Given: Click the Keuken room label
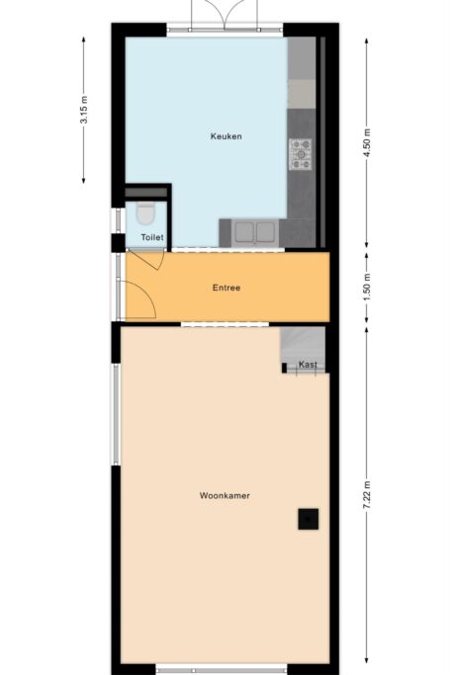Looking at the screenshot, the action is pos(226,136).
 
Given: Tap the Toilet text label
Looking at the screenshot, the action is pos(152,237).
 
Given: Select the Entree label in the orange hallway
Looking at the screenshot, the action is pos(226,288).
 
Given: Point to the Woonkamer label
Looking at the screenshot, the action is pos(225,495).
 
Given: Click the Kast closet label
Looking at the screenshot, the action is pos(308,365).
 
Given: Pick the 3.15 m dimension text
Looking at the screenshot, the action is pos(83,110).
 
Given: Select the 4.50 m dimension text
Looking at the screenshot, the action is pos(367,143).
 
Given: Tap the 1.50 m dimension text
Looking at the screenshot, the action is pos(367,288).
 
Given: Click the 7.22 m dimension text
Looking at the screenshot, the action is pos(367,494).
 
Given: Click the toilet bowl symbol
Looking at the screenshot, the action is pos(145,213).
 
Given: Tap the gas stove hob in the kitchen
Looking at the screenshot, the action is pos(301,154).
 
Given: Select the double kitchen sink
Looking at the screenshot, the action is pos(254,232).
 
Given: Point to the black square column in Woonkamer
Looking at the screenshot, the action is pos(309,519).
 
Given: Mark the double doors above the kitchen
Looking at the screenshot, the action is pos(225,15).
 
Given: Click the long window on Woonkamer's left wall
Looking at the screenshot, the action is pos(116,414).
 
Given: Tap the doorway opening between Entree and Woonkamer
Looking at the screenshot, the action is pos(225,324).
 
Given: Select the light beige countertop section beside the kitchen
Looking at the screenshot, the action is pos(302,94).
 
